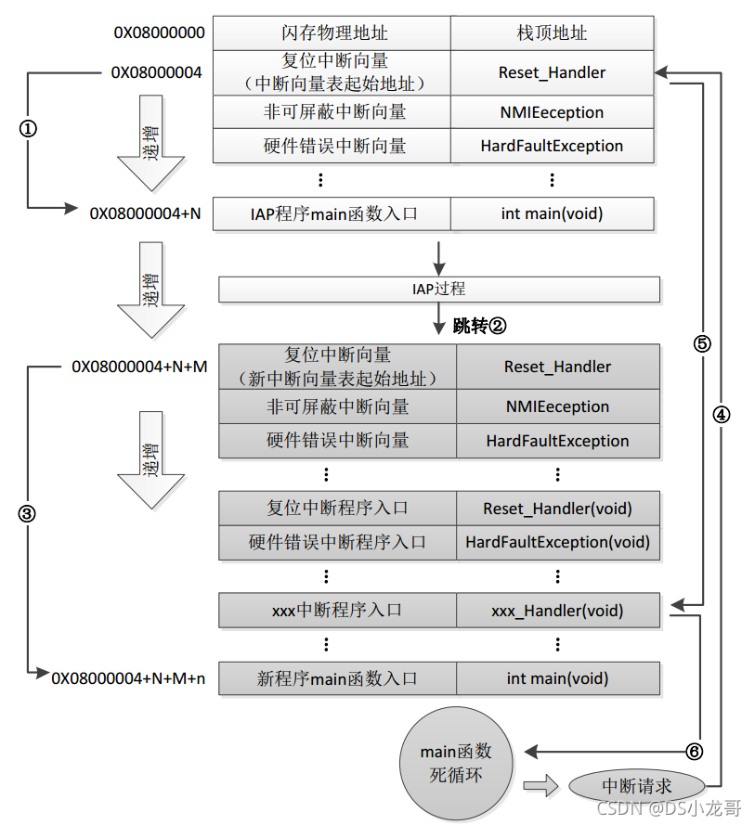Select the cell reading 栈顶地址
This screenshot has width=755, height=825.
(x=552, y=33)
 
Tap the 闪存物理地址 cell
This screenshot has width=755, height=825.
(x=332, y=33)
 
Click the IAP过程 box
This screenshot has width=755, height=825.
(x=439, y=290)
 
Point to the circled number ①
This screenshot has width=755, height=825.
(x=28, y=130)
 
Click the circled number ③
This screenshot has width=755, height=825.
(x=28, y=513)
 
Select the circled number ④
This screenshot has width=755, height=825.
(x=722, y=415)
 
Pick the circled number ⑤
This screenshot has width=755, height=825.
(x=702, y=343)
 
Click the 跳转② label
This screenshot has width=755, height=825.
(x=479, y=326)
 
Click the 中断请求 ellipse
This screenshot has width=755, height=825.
(x=637, y=786)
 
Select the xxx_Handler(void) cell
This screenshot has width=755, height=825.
(x=557, y=611)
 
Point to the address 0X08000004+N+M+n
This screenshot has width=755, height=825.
(x=128, y=678)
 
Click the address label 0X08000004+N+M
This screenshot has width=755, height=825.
(x=139, y=367)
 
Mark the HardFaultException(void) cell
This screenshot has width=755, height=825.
(x=557, y=542)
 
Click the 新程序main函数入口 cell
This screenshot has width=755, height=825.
(x=337, y=678)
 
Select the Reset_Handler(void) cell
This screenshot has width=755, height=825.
(x=557, y=509)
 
